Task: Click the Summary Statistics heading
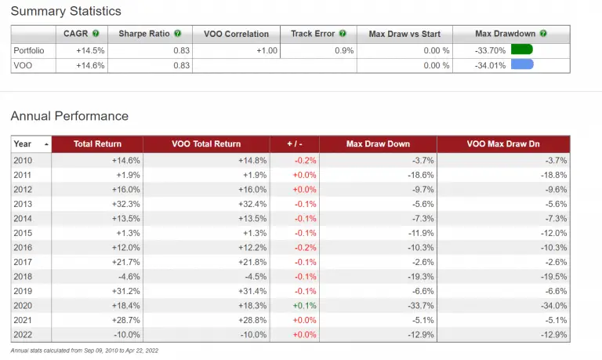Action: (x=66, y=11)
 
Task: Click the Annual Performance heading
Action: (x=69, y=116)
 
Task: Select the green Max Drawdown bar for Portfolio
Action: (x=521, y=49)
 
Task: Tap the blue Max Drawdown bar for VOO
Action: (x=521, y=64)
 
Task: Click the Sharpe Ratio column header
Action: (x=145, y=34)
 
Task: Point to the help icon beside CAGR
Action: (x=96, y=34)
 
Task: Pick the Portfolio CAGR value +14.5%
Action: (x=90, y=49)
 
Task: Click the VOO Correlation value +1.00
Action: (x=263, y=49)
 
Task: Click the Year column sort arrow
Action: (x=46, y=144)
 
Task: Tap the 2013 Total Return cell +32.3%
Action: (x=125, y=202)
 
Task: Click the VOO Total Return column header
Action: (x=205, y=144)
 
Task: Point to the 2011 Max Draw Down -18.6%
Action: (x=419, y=173)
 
